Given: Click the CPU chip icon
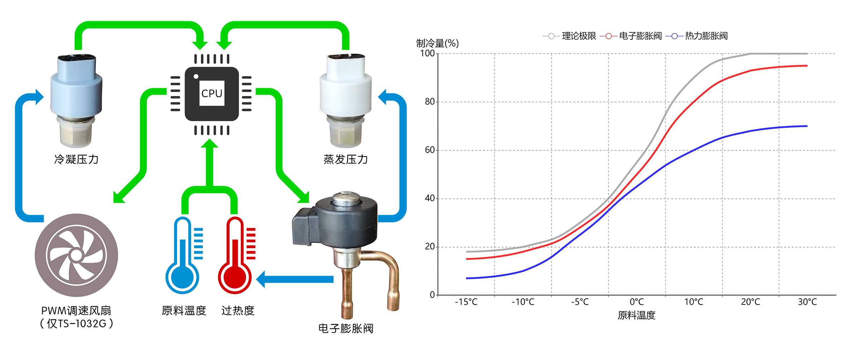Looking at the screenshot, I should (x=211, y=94).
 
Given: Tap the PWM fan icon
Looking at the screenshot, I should (x=76, y=255).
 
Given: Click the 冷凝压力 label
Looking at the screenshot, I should (x=76, y=159).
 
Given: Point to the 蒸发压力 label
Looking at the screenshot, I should (x=345, y=159).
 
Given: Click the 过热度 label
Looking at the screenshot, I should (x=238, y=311).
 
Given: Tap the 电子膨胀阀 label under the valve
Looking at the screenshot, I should (x=346, y=328).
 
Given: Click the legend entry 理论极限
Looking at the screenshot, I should (x=579, y=36).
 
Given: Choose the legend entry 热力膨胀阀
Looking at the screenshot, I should (x=706, y=36).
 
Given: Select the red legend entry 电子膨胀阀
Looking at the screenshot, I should (x=640, y=36).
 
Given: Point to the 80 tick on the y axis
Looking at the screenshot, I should (x=430, y=102).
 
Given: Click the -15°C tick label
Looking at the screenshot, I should (x=466, y=302).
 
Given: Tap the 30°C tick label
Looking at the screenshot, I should (x=807, y=302).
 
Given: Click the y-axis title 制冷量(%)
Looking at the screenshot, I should (x=437, y=43).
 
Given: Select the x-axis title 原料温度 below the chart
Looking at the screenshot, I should (x=636, y=315).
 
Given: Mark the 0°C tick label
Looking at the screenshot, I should (x=637, y=302).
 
